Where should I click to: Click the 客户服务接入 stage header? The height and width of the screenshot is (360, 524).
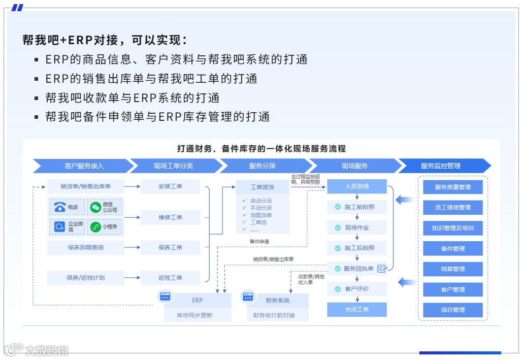point(84,166)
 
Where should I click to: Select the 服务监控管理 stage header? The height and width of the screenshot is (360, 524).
point(440,166)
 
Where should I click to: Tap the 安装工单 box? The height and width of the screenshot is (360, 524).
point(170,186)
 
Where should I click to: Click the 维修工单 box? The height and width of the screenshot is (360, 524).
point(170,217)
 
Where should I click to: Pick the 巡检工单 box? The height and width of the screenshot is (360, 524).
point(170,278)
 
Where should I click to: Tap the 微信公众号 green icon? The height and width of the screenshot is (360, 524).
point(95,207)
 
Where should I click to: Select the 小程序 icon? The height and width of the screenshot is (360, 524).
point(95,227)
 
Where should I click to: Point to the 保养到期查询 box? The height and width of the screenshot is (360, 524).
point(85,248)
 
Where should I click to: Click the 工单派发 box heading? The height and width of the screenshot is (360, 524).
point(263,187)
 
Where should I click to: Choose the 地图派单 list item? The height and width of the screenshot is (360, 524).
point(261,215)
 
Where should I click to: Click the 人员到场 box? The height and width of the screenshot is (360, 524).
point(356,186)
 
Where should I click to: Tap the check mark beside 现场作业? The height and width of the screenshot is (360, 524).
point(338,228)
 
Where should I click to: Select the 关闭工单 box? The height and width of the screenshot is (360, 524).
point(356,310)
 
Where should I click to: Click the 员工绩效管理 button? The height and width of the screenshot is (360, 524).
point(452,208)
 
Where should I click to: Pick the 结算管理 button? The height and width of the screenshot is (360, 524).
point(452,269)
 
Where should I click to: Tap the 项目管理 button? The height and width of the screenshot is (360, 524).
point(452,310)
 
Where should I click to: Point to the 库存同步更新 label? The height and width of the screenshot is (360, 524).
point(194,315)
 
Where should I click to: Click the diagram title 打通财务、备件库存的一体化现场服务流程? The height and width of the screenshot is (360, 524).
point(261,149)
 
